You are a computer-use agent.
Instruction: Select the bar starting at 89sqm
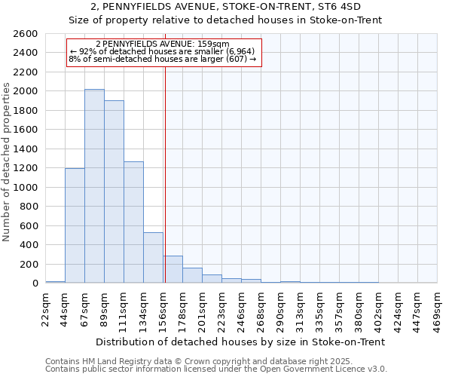click(114, 192)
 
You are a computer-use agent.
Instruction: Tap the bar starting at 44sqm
click(75, 225)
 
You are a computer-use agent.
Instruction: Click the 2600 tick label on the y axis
click(26, 34)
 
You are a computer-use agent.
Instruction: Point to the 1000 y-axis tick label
click(26, 188)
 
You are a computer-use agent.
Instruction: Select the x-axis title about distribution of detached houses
click(241, 342)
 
